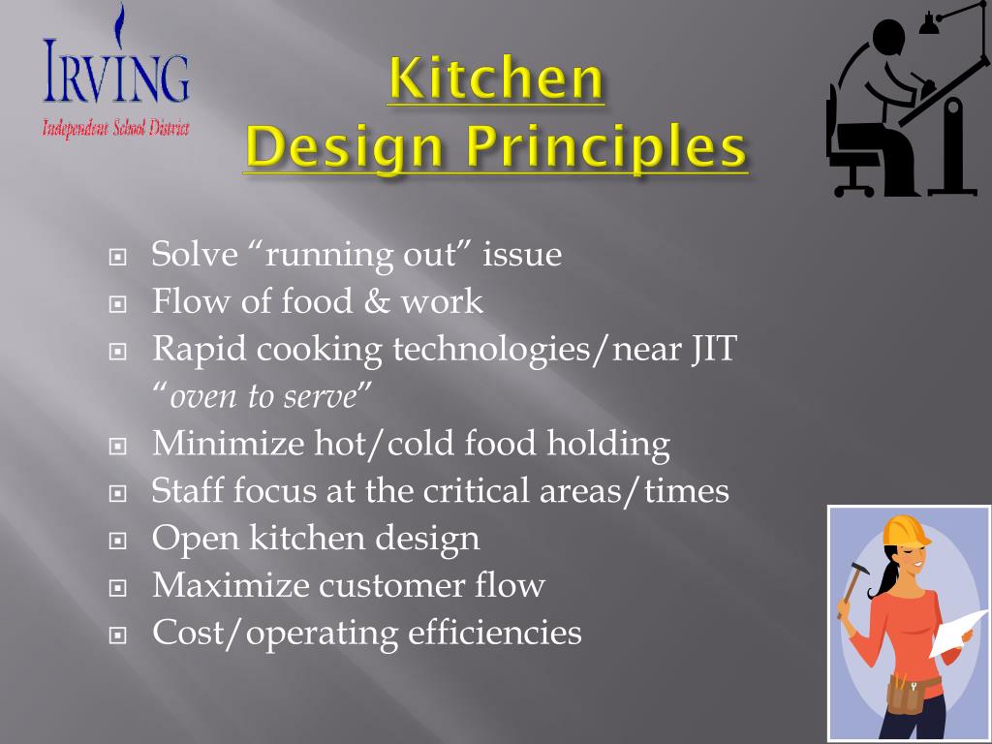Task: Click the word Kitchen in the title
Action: point(495,80)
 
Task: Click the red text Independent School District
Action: point(115,128)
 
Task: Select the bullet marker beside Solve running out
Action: point(118,258)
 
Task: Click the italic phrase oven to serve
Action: point(263,396)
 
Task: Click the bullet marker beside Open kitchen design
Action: point(118,541)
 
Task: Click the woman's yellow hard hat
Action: point(903,531)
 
